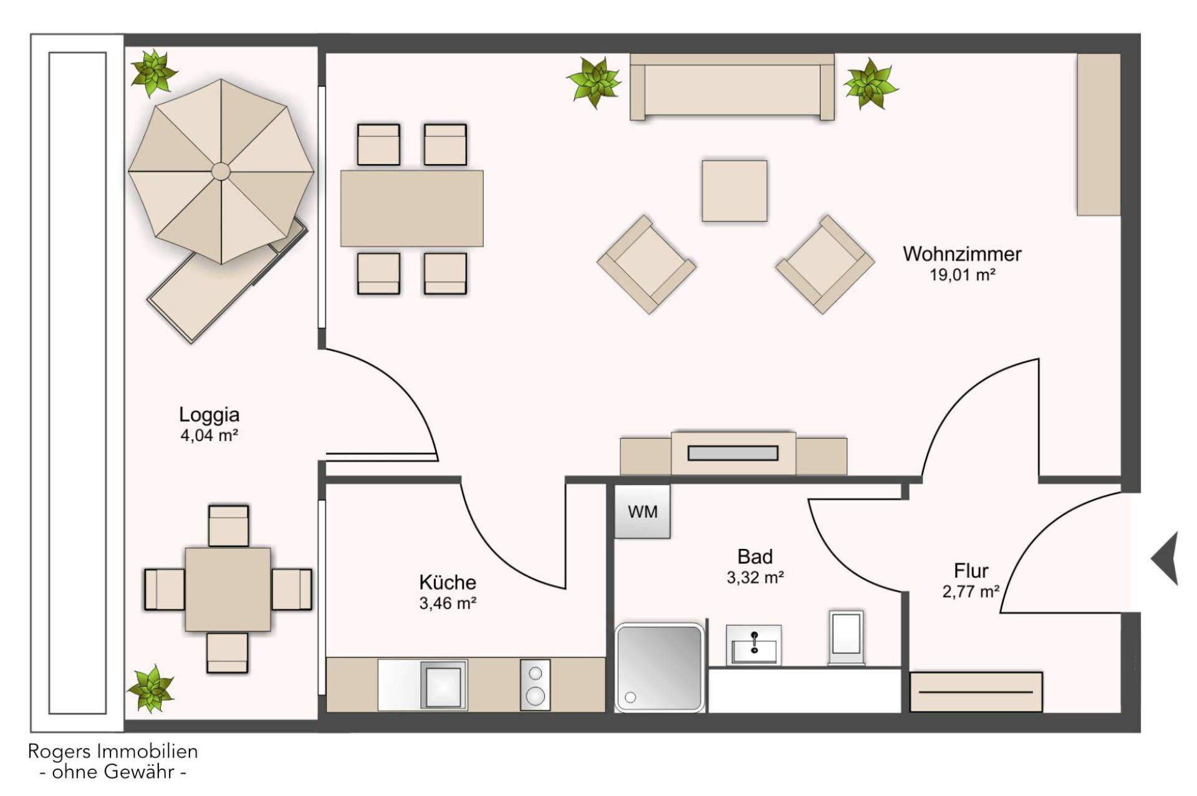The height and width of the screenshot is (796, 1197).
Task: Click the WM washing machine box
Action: click(x=642, y=512)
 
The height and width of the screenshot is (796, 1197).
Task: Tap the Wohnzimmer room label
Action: click(x=962, y=254)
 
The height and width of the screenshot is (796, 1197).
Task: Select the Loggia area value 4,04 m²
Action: click(x=209, y=435)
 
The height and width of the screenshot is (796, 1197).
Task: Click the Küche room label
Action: click(x=448, y=582)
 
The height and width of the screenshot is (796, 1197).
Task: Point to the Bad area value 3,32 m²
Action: click(x=755, y=578)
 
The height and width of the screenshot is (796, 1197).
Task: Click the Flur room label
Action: click(x=971, y=571)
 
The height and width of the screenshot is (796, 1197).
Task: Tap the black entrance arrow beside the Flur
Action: click(x=1165, y=558)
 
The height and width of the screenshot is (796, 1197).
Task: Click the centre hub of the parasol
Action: click(x=221, y=171)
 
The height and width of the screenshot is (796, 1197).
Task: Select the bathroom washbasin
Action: click(x=754, y=645)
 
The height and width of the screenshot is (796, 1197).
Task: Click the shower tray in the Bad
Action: click(x=660, y=667)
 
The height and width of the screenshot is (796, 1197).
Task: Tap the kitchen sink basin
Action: click(x=443, y=686)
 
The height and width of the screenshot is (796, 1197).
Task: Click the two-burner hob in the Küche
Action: click(x=535, y=685)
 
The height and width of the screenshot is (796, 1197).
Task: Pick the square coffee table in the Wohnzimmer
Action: click(x=734, y=191)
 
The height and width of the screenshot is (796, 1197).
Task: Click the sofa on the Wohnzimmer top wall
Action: click(x=732, y=87)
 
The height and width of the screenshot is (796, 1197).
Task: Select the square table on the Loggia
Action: click(x=228, y=590)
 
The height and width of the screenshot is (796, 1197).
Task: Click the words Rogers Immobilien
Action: click(x=113, y=751)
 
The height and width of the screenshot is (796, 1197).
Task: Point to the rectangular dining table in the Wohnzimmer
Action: click(x=411, y=208)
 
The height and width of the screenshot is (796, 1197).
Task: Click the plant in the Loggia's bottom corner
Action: click(x=151, y=689)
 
